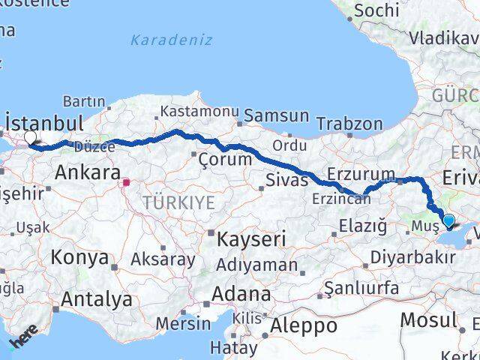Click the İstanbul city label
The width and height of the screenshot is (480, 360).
[44, 122]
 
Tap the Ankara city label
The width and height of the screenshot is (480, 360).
[87, 174]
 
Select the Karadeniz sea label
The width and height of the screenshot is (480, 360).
[171, 40]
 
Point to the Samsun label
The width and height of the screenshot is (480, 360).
[277, 115]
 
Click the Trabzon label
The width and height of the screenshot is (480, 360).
[349, 123]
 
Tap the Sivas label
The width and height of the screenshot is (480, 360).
[287, 180]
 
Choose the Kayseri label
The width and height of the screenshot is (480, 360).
[252, 240]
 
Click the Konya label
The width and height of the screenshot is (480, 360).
[79, 258]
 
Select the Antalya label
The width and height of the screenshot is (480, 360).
[97, 300]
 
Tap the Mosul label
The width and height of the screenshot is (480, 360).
[428, 320]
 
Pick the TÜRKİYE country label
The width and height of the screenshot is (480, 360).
[179, 202]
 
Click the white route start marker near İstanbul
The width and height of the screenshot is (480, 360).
[31, 138]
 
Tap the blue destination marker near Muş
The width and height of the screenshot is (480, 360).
[448, 220]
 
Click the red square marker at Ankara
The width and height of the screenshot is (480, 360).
[127, 181]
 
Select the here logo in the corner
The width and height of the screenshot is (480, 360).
[22, 340]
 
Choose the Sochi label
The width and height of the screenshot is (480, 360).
[376, 10]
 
